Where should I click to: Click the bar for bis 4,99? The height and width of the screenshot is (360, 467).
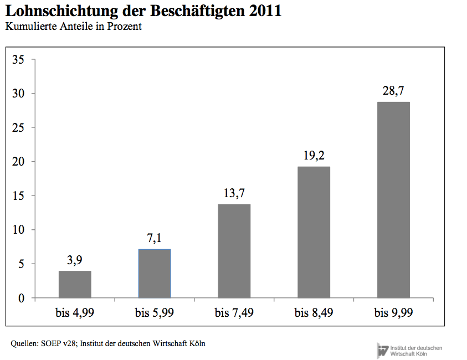point(75,284)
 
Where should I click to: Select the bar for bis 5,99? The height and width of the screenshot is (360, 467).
point(155,274)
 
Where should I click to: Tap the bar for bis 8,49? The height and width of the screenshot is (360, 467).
point(314,232)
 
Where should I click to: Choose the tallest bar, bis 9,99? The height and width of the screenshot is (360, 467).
point(394,200)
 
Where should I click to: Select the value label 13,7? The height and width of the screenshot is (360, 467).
point(234,193)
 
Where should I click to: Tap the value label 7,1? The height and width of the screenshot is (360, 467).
point(155,239)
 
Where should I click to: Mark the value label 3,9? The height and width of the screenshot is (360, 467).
point(75,260)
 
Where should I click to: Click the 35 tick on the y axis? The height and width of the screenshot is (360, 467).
point(19,59)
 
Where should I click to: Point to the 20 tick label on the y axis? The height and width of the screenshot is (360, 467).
point(19,162)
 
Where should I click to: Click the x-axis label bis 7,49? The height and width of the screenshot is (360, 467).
point(234,313)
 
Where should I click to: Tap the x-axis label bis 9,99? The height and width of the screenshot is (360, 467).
point(394,313)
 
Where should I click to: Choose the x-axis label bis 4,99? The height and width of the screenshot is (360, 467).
point(75,313)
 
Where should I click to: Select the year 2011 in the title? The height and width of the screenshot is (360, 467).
point(265,11)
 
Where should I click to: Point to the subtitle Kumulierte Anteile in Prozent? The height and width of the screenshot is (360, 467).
point(74,26)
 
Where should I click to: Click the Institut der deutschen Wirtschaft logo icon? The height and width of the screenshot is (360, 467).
point(383,350)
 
